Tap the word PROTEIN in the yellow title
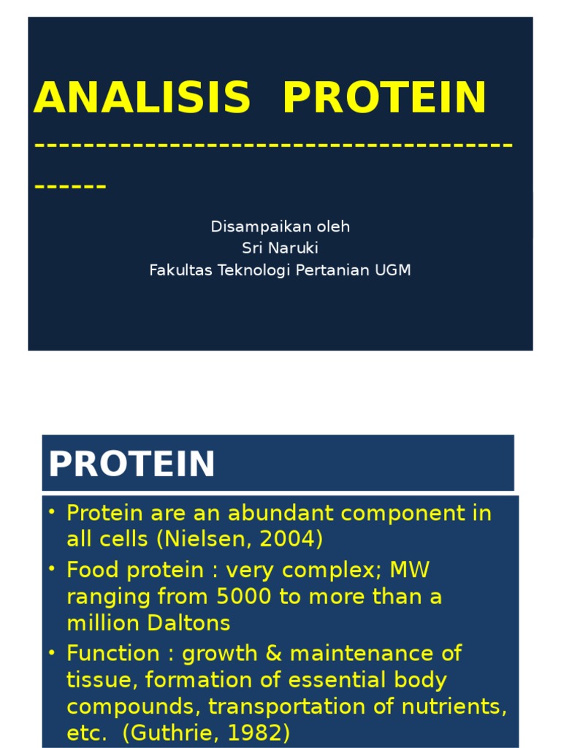[384, 98]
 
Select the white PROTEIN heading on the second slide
[132, 464]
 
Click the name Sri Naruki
[280, 248]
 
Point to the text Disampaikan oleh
[280, 226]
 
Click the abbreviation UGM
[393, 270]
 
